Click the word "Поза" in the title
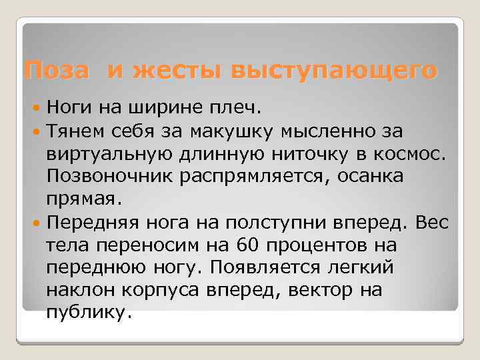point(55,69)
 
